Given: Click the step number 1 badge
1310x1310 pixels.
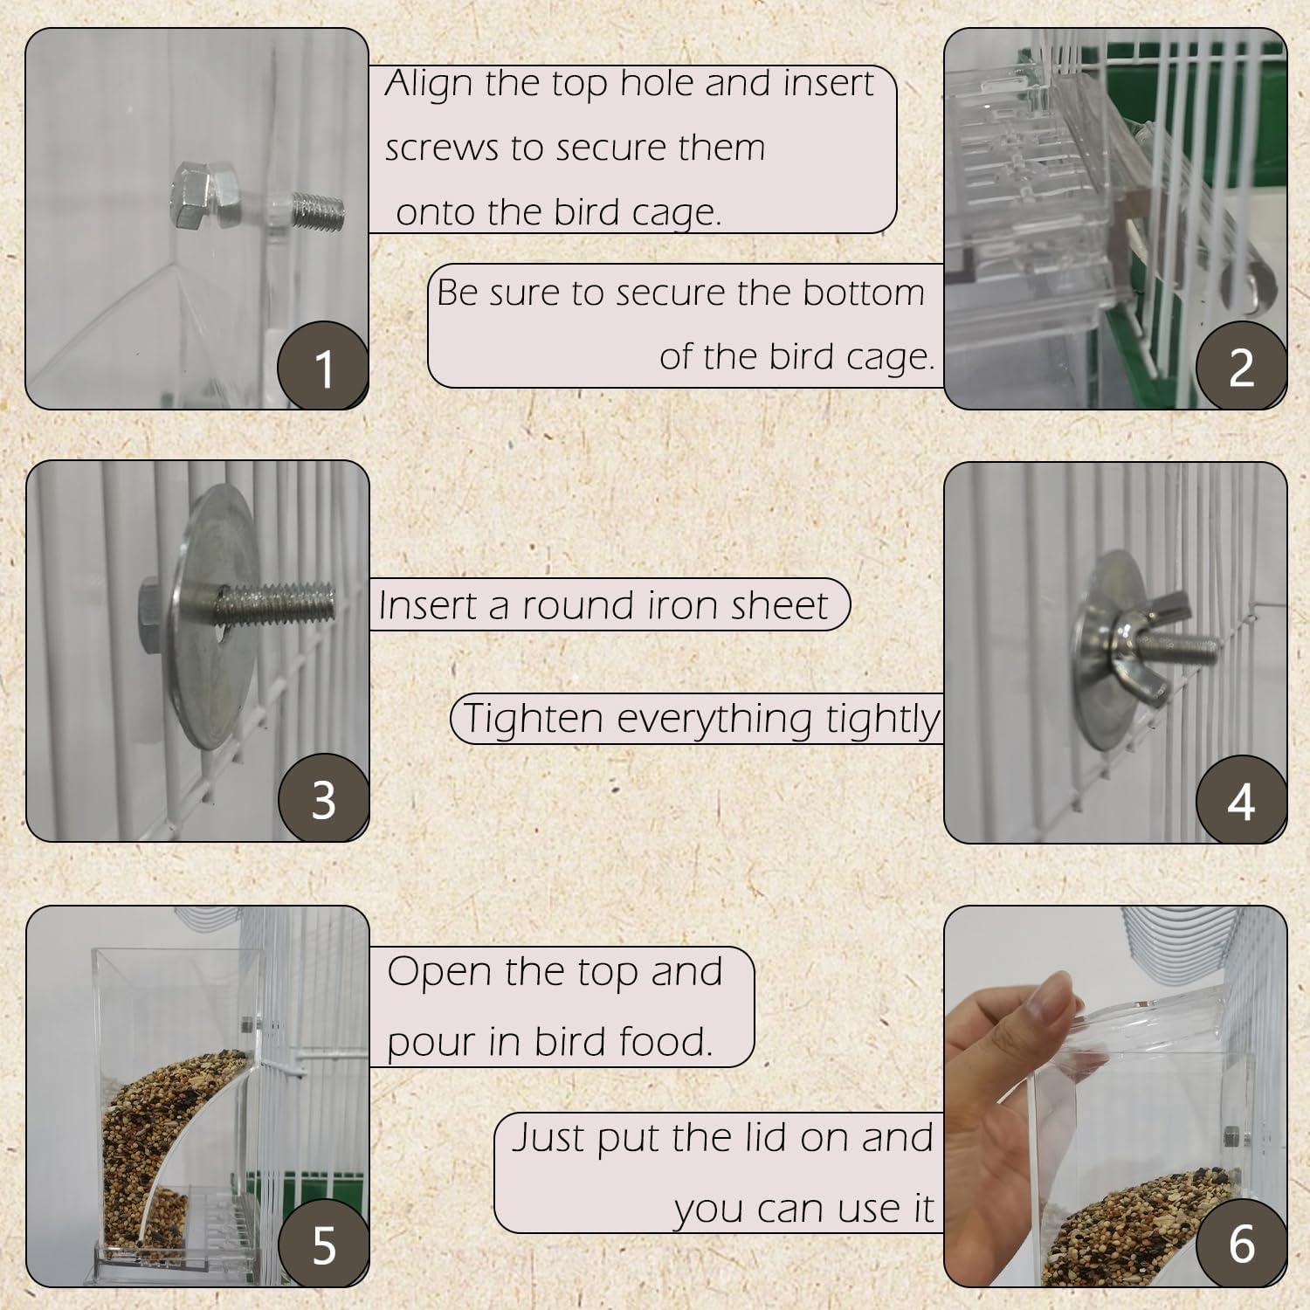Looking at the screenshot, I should point(323,367).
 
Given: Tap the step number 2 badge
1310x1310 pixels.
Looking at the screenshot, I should point(1241,367).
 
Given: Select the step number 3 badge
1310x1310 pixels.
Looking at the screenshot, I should point(323,799).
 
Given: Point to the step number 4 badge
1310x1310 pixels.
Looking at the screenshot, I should point(1241,801).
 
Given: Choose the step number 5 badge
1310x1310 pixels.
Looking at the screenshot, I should point(323,1244).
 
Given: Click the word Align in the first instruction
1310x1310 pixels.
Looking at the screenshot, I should point(429,84).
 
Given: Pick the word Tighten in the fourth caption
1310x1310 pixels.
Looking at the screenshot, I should point(534,719).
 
